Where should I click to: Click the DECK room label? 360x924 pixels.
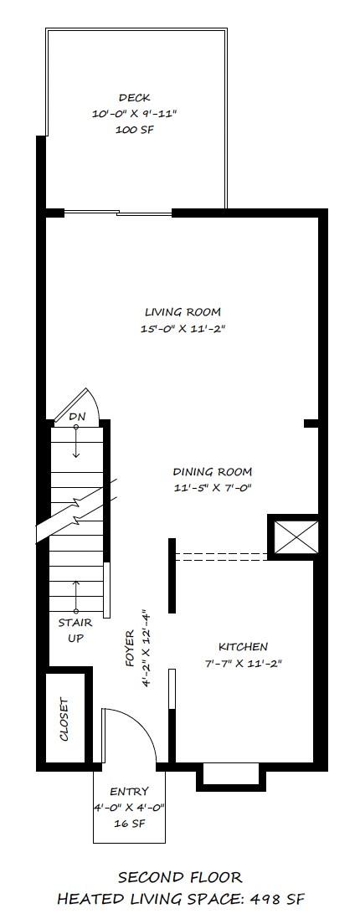pos(134,98)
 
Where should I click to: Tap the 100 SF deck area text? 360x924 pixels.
pos(134,131)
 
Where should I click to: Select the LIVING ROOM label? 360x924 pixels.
pos(183,312)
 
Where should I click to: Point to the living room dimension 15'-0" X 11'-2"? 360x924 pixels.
pos(183,329)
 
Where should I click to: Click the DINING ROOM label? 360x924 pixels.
pos(212,471)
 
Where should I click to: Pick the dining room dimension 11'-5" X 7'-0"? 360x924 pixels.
pos(212,487)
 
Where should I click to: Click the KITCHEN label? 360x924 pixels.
pos(243,646)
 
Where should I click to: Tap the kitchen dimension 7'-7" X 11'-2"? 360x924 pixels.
pos(243,663)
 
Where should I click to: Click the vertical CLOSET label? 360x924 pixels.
pos(64,719)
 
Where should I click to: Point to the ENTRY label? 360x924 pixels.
pos(129,791)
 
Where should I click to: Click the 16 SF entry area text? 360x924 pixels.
pos(129,823)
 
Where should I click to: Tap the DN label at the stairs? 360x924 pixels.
pos(76,416)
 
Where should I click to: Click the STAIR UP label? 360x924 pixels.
pos(75,630)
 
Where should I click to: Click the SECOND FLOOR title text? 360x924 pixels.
pos(180,877)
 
